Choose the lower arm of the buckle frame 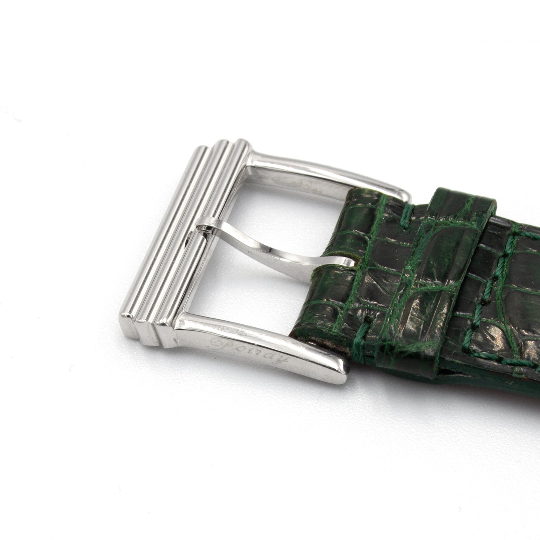(x=252, y=350)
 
